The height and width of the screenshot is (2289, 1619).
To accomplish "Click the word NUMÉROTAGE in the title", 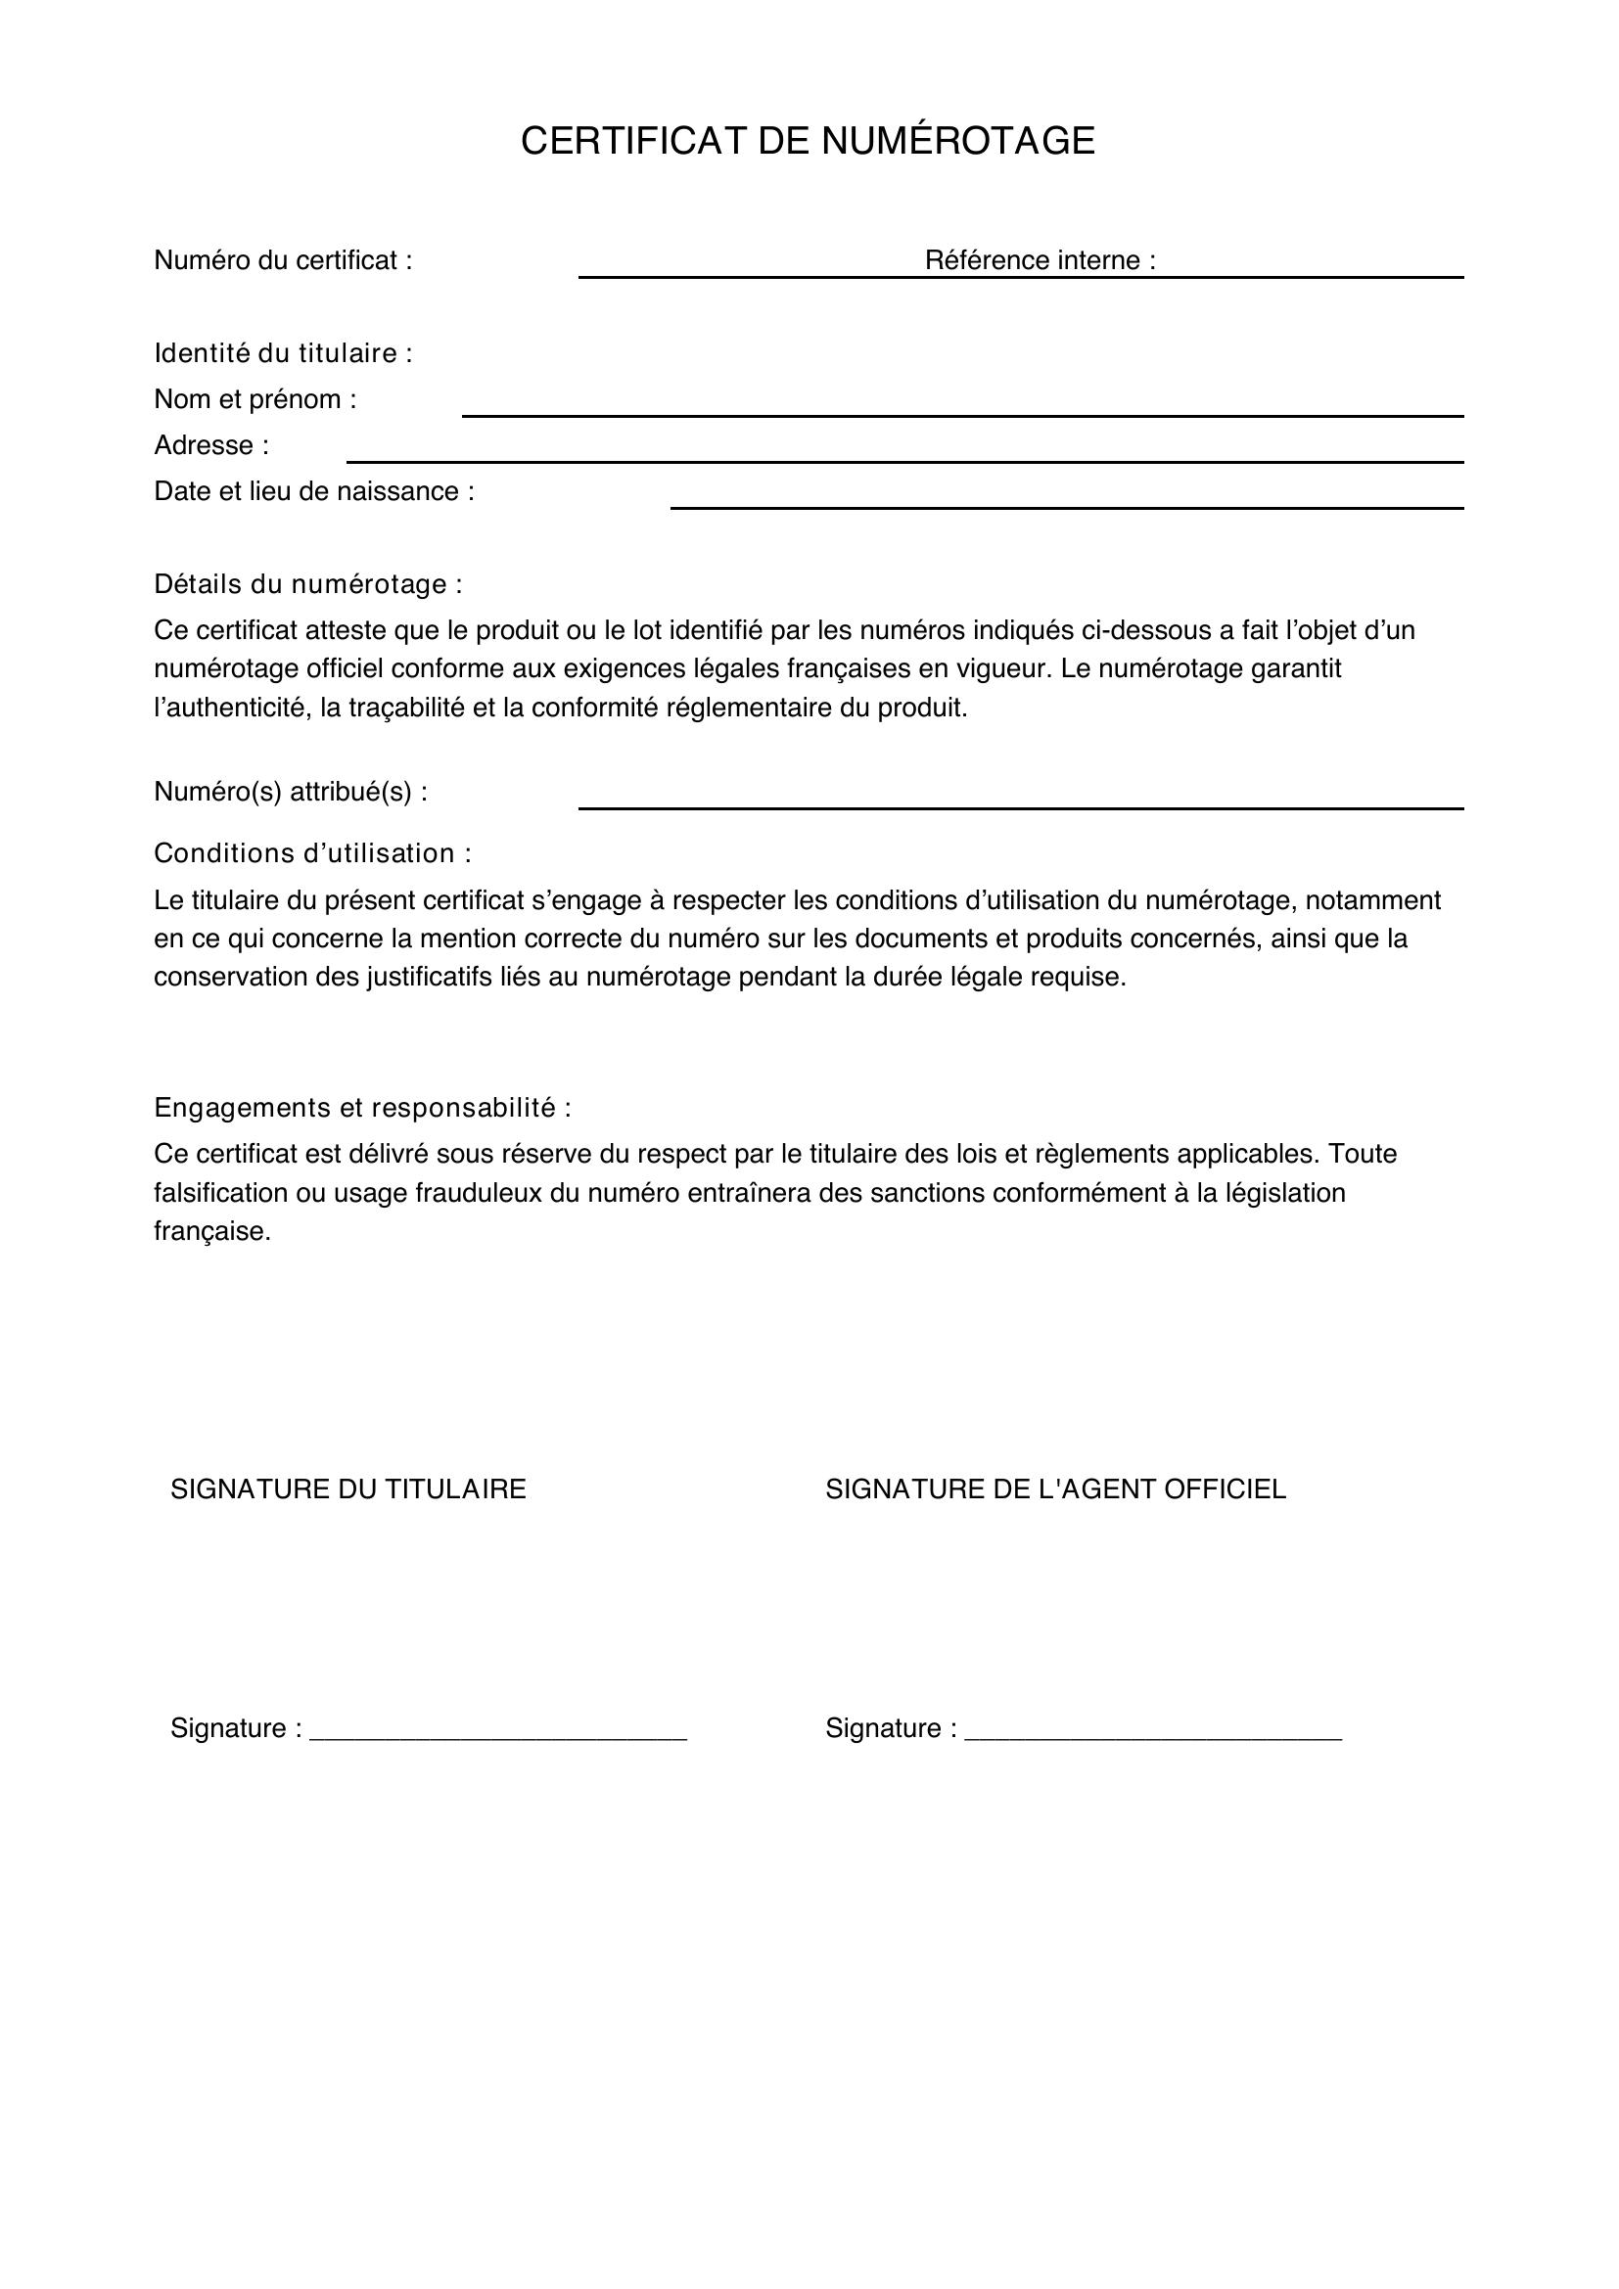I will click(x=957, y=141).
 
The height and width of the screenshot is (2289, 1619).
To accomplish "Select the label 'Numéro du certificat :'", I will click(x=283, y=260).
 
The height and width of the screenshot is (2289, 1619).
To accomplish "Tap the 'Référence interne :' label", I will click(x=1040, y=260).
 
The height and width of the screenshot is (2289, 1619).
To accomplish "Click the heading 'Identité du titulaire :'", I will click(x=283, y=353).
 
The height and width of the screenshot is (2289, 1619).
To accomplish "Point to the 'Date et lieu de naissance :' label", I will click(x=314, y=491).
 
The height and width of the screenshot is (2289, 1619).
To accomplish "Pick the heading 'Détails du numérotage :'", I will click(x=308, y=584).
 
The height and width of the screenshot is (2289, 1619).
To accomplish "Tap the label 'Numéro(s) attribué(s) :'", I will click(x=291, y=792).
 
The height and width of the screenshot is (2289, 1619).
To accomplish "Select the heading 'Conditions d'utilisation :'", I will click(x=312, y=853).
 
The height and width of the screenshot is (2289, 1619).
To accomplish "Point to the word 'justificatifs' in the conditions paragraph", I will click(x=431, y=977).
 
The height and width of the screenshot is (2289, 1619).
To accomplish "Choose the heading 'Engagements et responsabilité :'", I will click(x=363, y=1108).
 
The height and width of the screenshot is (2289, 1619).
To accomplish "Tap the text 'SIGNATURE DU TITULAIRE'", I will click(x=347, y=1489).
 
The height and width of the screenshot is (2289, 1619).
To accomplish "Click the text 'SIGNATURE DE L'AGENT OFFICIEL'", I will click(x=1056, y=1489).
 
